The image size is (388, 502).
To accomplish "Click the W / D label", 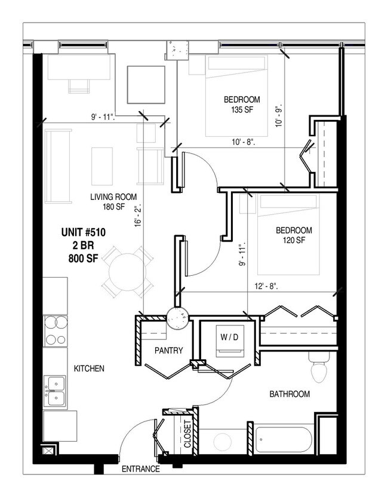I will click(x=229, y=337).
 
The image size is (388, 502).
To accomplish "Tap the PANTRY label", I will click(x=168, y=351).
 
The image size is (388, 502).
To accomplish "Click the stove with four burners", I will click(x=54, y=331).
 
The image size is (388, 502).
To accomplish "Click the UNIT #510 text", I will click(x=84, y=233).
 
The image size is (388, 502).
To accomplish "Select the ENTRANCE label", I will click(x=141, y=469).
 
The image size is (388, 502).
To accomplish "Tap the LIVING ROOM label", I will click(x=113, y=197).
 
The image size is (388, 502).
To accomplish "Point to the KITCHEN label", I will click(x=89, y=369).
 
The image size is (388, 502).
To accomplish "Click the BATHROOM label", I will click(x=290, y=394).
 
